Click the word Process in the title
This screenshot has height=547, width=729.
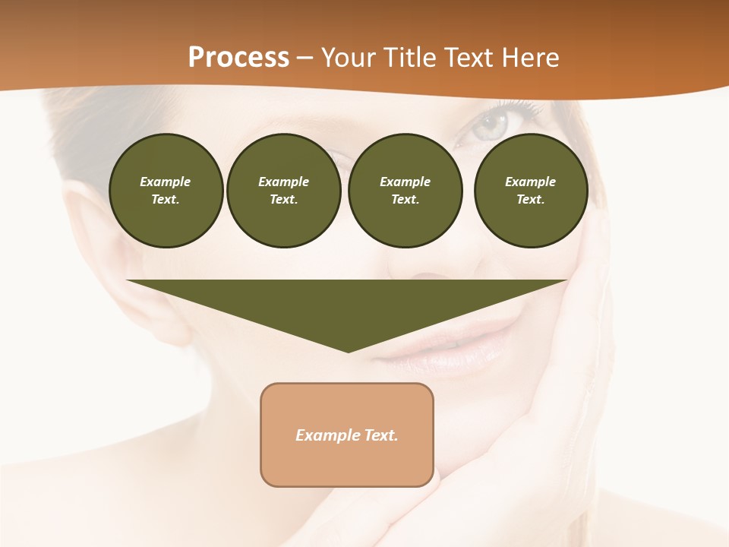point(238,57)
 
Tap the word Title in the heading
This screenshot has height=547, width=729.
point(410,57)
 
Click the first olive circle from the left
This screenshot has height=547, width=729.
point(166,191)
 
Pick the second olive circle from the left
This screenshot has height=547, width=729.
point(283,191)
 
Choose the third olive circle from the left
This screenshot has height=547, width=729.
point(405,191)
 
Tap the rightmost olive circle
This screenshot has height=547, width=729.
point(530,191)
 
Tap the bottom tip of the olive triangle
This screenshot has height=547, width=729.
point(348,350)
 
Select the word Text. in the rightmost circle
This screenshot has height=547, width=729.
point(530,200)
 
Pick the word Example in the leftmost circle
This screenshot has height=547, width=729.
point(166,182)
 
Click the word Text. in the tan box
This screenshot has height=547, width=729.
point(380,435)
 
